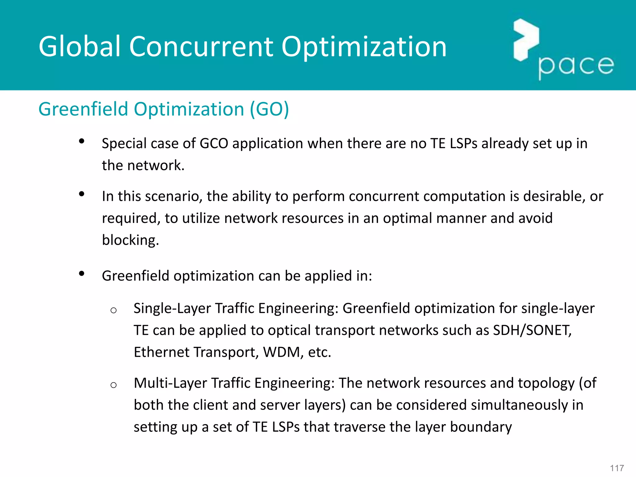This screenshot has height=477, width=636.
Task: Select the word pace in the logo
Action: (x=576, y=66)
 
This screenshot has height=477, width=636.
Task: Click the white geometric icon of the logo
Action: (x=526, y=39)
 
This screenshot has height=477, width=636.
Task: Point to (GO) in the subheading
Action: (x=269, y=109)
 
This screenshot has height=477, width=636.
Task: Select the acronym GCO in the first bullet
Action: (x=214, y=143)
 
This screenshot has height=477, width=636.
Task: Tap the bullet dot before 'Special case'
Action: (x=82, y=142)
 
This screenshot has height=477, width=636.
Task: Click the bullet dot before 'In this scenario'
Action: (x=82, y=194)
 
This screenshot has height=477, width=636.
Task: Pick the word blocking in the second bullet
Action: (x=130, y=240)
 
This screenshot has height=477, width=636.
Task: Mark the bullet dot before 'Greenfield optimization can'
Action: (x=82, y=274)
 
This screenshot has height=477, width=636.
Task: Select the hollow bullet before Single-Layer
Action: (x=113, y=310)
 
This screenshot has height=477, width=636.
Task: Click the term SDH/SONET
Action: (x=532, y=330)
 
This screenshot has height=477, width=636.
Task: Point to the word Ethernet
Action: (x=161, y=352)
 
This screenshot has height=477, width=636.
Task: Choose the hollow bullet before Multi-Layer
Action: (x=113, y=385)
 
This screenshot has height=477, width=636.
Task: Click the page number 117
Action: (x=617, y=468)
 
